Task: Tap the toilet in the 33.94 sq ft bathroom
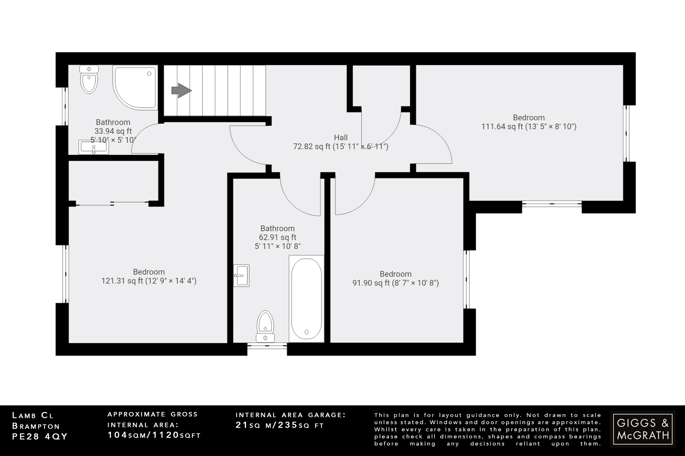pyautogui.click(x=89, y=80)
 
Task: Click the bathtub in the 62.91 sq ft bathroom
pyautogui.click(x=306, y=298)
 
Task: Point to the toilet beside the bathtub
pyautogui.click(x=265, y=326)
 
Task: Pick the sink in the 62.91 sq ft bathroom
pyautogui.click(x=241, y=276)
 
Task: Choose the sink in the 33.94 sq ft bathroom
pyautogui.click(x=94, y=147)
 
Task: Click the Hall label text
pyautogui.click(x=340, y=137)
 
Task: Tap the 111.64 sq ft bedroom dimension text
pyautogui.click(x=528, y=127)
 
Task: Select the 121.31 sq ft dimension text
pyautogui.click(x=149, y=281)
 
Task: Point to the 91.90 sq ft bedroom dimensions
pyautogui.click(x=395, y=283)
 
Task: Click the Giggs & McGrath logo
pyautogui.click(x=642, y=429)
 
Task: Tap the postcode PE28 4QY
pyautogui.click(x=40, y=437)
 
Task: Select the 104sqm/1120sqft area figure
pyautogui.click(x=154, y=435)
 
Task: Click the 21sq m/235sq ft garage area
pyautogui.click(x=280, y=425)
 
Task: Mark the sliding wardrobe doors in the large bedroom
pyautogui.click(x=112, y=203)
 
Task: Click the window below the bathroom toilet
pyautogui.click(x=267, y=346)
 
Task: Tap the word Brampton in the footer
pyautogui.click(x=36, y=426)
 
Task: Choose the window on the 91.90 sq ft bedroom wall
pyautogui.click(x=466, y=279)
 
